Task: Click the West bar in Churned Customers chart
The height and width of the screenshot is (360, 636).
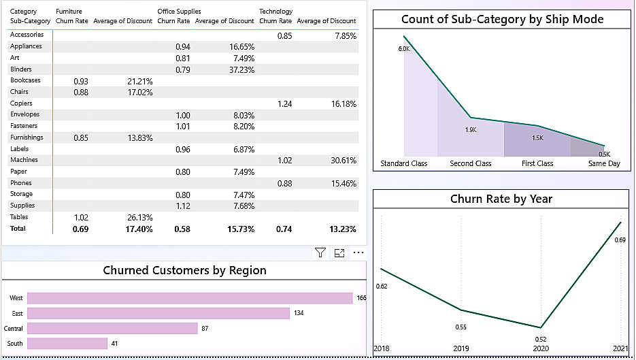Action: [190, 298]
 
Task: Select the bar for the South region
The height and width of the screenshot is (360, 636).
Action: [67, 344]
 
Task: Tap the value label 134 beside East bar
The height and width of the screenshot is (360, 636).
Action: [299, 313]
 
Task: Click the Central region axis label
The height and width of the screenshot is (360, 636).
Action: [14, 328]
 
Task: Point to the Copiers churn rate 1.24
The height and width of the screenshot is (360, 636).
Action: [285, 104]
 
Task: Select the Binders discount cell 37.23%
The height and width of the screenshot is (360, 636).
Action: [241, 70]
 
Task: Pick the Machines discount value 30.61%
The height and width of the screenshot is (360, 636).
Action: [344, 161]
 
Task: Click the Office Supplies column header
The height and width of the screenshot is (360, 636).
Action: [180, 12]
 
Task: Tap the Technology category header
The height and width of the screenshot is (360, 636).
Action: [275, 12]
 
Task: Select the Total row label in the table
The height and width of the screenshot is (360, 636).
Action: [18, 229]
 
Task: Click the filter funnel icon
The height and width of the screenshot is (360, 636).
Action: [320, 253]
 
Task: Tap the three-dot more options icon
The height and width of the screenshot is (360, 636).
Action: [358, 252]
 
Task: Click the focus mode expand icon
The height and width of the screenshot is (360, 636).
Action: [339, 253]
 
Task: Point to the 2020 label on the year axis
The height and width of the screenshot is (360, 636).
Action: [541, 348]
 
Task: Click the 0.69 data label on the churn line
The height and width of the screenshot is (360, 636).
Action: [620, 240]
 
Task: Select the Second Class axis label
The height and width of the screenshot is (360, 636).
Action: [471, 163]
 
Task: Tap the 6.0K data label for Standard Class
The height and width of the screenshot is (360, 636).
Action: [404, 49]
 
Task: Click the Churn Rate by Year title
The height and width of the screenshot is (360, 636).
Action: [501, 199]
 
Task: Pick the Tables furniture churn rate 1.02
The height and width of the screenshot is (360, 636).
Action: [81, 218]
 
